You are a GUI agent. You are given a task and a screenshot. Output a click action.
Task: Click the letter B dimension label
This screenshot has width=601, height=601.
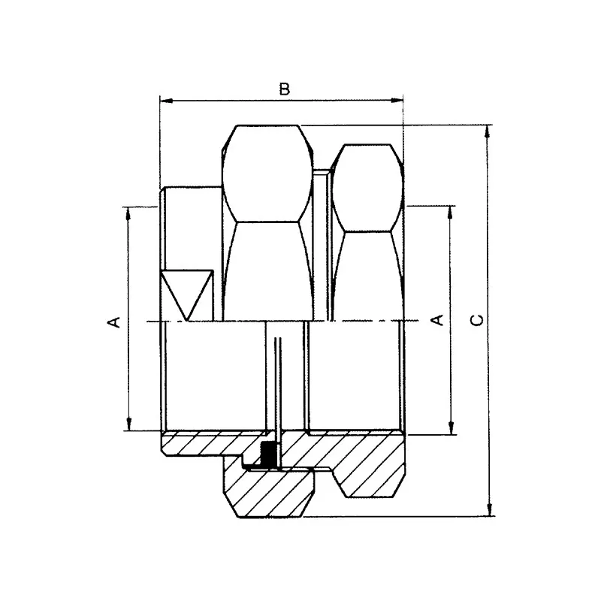(285, 89)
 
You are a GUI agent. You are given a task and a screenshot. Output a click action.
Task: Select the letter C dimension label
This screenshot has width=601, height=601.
(476, 321)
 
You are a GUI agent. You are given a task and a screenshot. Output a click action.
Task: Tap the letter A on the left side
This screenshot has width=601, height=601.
(114, 321)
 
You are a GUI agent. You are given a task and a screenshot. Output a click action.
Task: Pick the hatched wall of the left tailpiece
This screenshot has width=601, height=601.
(195, 443)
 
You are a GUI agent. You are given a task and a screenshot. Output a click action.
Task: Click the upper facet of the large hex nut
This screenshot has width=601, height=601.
(267, 173)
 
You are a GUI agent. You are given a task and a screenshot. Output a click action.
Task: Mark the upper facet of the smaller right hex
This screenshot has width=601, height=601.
(368, 188)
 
